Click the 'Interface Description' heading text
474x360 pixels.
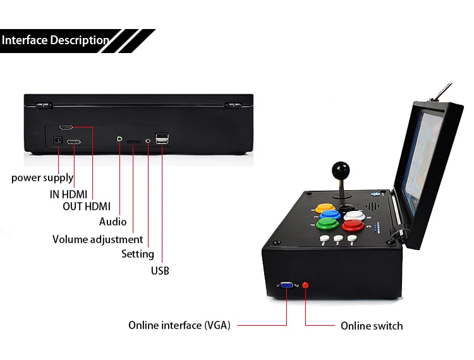(56, 40)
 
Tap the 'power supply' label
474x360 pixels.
(42, 177)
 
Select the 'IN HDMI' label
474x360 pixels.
(69, 194)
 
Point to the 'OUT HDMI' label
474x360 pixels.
(87, 207)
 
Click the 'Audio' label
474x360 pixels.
(112, 222)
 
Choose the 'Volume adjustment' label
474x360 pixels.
(97, 239)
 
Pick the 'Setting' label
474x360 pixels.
(138, 254)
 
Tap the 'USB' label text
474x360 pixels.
(160, 270)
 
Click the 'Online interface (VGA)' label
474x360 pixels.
(179, 325)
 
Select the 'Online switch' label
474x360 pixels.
(372, 326)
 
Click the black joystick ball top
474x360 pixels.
(341, 170)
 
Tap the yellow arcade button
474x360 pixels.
(325, 208)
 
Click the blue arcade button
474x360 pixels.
(330, 215)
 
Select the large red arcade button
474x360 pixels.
(353, 225)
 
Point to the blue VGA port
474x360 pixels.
(286, 285)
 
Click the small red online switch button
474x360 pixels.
(306, 285)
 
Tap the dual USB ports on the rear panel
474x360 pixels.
(162, 138)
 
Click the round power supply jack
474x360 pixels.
(58, 140)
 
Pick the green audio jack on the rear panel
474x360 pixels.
(119, 139)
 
